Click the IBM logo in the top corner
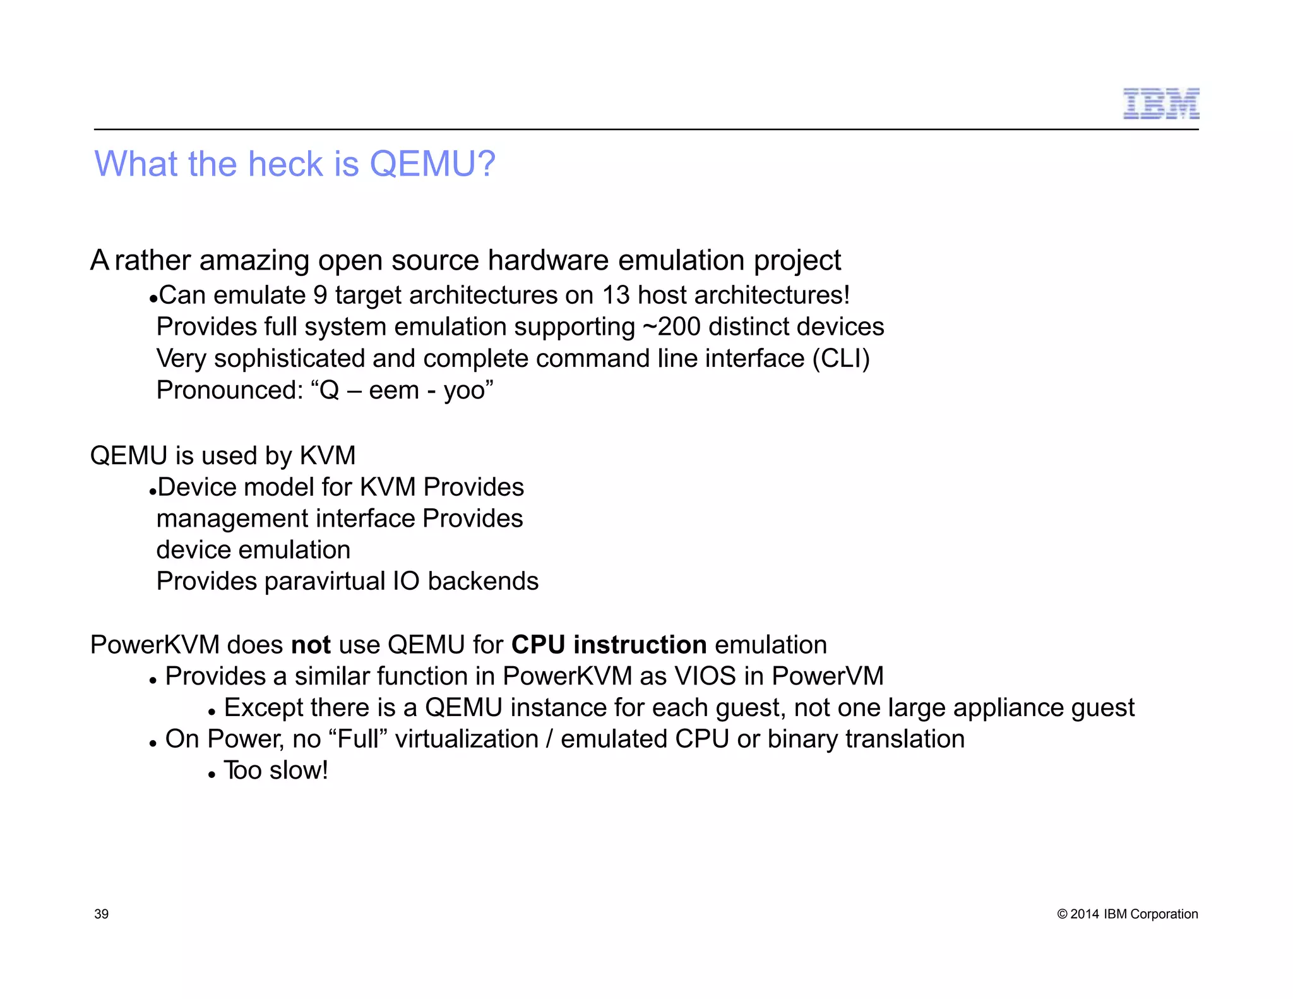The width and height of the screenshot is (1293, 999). pyautogui.click(x=1160, y=104)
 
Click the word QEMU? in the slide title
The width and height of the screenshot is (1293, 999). pyautogui.click(x=432, y=164)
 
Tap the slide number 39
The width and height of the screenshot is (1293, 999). pyautogui.click(x=101, y=914)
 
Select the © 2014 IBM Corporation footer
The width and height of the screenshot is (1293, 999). pyautogui.click(x=1127, y=914)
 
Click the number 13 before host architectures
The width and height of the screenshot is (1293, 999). pyautogui.click(x=616, y=296)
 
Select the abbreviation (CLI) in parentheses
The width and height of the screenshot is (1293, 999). pyautogui.click(x=841, y=359)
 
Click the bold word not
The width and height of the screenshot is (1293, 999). pyautogui.click(x=311, y=645)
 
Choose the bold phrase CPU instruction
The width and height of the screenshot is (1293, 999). pyautogui.click(x=609, y=645)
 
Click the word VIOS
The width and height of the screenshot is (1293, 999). pyautogui.click(x=705, y=676)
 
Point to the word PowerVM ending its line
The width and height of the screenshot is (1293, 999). pyautogui.click(x=828, y=676)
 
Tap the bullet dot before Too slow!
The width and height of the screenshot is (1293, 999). pyautogui.click(x=212, y=774)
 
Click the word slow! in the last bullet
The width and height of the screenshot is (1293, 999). pyautogui.click(x=299, y=770)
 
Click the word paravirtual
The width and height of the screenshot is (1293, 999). pyautogui.click(x=325, y=581)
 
